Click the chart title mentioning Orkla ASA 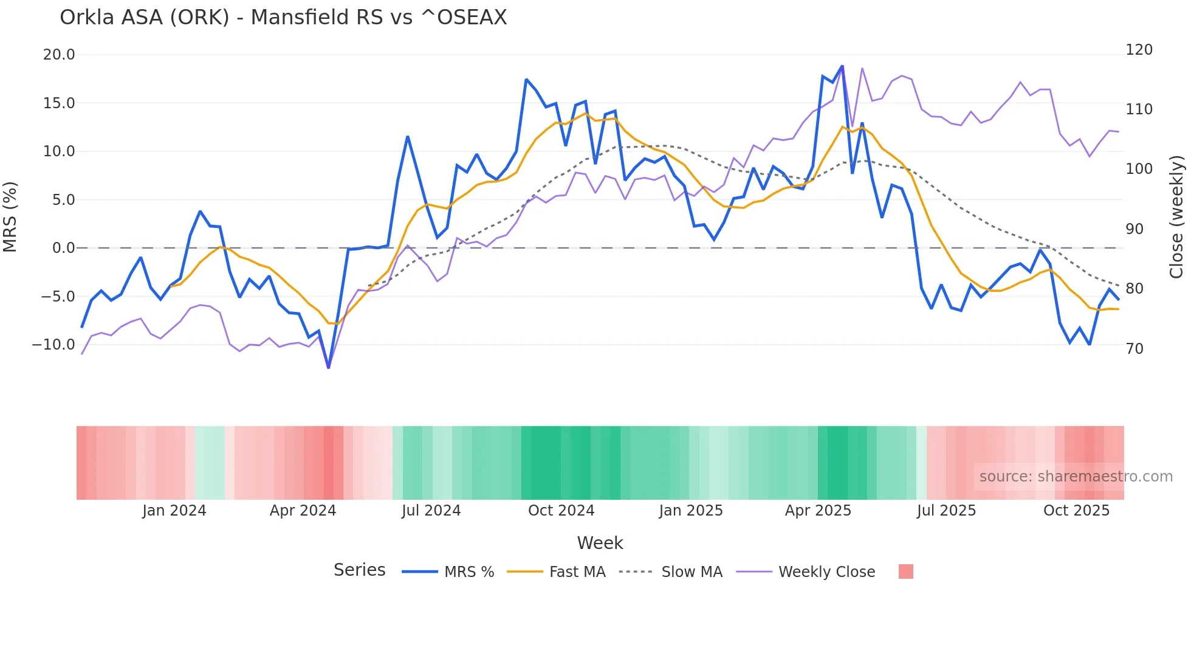(283, 18)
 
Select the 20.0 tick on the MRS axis (59, 55)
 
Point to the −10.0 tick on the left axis (53, 345)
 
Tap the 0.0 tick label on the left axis (63, 248)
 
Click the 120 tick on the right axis (1139, 50)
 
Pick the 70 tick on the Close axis (1134, 349)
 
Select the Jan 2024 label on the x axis (174, 511)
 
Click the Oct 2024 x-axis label (561, 511)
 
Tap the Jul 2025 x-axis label (946, 511)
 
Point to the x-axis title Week (600, 543)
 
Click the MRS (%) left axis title (10, 217)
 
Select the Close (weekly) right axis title (1176, 217)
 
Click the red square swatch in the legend (905, 572)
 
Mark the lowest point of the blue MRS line (329, 367)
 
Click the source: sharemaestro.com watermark (1076, 477)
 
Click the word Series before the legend (359, 570)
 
